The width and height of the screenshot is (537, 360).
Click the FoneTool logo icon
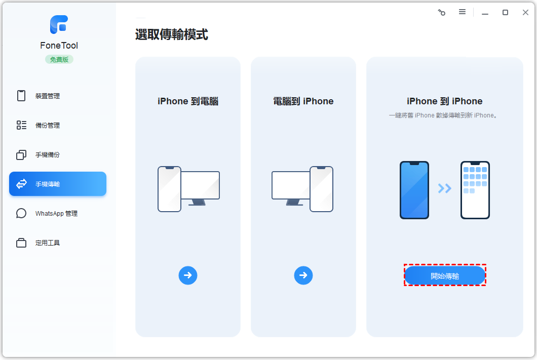tap(59, 25)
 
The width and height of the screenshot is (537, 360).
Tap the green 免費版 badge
tap(59, 60)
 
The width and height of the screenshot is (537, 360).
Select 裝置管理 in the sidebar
tap(48, 96)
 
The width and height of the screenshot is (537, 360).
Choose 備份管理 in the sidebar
tap(48, 125)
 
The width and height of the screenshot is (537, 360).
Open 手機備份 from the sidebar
tap(48, 154)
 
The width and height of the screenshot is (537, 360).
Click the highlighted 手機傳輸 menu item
tap(58, 184)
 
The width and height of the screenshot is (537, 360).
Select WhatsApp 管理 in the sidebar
tap(57, 214)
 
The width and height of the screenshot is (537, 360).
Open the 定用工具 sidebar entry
tap(48, 243)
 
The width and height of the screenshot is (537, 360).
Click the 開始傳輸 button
tap(445, 275)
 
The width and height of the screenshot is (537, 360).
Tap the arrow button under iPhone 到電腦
tap(187, 275)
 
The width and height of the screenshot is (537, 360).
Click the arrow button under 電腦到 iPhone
tap(303, 275)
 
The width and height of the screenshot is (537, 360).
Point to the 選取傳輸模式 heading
tap(172, 34)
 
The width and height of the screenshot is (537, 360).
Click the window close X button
tap(525, 12)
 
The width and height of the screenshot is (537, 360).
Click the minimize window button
tap(485, 13)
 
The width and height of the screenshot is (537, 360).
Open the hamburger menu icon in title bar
tap(463, 12)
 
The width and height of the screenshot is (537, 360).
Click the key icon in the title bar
tap(441, 13)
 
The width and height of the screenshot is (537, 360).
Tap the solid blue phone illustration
tap(414, 190)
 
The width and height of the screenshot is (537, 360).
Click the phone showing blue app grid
tap(475, 190)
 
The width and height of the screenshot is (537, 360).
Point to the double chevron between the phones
tap(444, 188)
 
